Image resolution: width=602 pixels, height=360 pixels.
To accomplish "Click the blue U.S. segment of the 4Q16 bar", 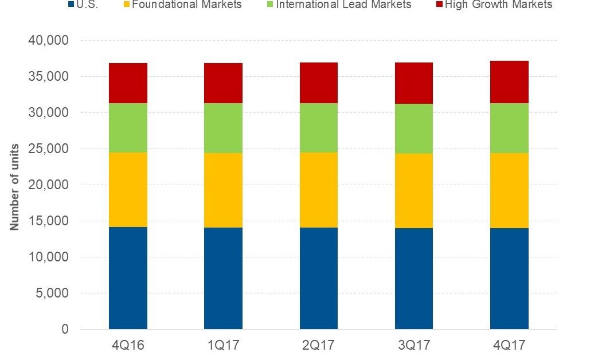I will [128, 278].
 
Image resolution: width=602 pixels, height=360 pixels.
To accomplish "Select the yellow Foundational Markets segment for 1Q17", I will [223, 190].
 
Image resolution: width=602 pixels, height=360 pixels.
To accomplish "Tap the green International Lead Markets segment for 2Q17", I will [318, 128].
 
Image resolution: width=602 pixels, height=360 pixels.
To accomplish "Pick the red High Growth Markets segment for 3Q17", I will [413, 83].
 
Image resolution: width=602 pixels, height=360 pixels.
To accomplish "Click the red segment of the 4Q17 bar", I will [509, 82].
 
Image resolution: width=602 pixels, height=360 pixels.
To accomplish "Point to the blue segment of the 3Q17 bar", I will [413, 279].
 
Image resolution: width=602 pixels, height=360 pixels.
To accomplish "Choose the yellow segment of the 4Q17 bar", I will [509, 190].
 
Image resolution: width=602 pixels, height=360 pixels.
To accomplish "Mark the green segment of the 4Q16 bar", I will [128, 128].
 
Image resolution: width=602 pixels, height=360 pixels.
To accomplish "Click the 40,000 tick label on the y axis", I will [48, 41].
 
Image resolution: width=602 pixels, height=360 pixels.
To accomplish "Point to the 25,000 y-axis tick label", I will [48, 149].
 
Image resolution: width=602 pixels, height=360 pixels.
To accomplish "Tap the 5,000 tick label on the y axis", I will [52, 294].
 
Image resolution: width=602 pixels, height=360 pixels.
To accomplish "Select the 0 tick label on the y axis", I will [65, 330].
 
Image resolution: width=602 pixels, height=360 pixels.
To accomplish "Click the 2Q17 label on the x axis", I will [318, 346].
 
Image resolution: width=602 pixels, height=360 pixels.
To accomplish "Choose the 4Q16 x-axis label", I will [128, 346].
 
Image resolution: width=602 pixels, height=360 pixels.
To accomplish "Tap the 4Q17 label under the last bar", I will [509, 346].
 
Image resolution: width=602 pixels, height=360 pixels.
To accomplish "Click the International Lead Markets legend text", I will [343, 5].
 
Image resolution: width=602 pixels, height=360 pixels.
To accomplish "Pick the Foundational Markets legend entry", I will [186, 5].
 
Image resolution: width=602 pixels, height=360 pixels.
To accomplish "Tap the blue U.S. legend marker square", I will [71, 4].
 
